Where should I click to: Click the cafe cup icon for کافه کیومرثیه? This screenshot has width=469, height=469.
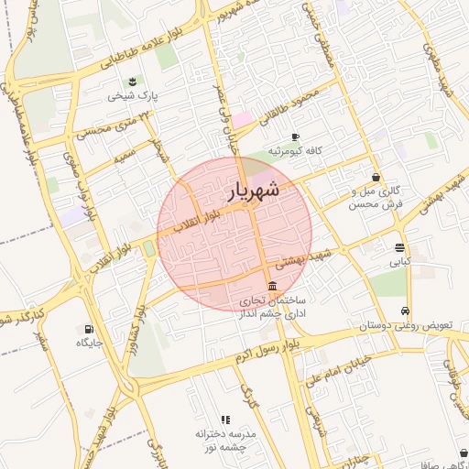point(295,137)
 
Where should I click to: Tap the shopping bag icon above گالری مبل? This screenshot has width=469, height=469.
point(376,177)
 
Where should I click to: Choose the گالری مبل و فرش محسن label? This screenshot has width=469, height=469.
point(376,197)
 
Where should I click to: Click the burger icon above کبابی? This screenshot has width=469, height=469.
point(400,247)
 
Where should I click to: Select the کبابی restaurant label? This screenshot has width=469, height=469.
point(400,261)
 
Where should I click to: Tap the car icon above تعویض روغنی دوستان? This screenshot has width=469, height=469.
point(406,311)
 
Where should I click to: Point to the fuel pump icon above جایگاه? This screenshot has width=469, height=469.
point(89,329)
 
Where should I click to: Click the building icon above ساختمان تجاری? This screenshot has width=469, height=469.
point(271,286)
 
